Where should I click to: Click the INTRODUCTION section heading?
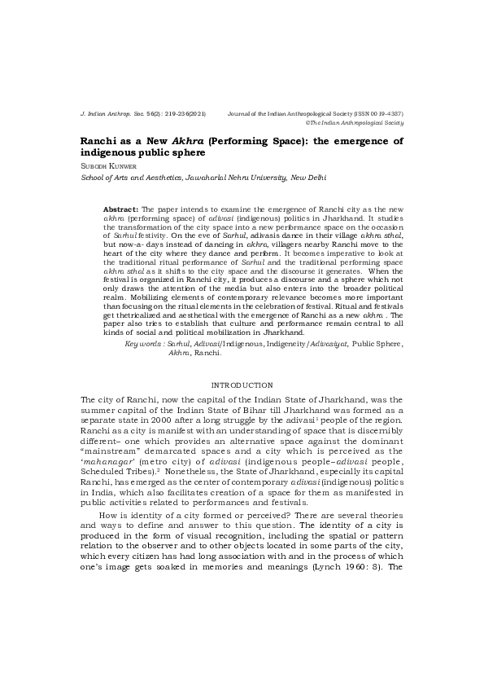click(242, 385)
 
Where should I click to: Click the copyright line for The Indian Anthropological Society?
click(355, 122)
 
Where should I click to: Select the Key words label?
click(143, 344)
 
